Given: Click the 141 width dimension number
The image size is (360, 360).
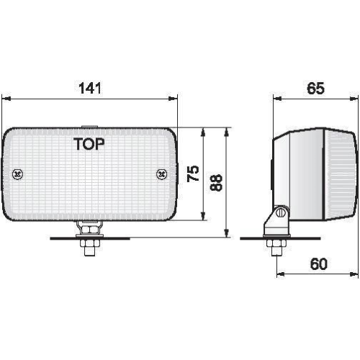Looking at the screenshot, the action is pos(90,88).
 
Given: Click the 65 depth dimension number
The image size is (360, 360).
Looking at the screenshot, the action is pos(315,88).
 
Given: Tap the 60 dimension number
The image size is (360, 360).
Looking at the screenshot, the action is pos(319,264).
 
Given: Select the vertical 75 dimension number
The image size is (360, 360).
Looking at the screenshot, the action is pos(193,174).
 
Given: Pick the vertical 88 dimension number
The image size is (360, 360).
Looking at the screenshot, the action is pos(216,183).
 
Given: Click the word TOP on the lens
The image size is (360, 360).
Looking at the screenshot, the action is pos(89,144).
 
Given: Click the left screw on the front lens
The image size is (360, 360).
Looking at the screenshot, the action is pos(17,174).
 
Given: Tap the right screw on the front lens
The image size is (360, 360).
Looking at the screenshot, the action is pos(162,174).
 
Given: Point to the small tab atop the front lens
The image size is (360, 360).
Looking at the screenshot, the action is pos(89,127).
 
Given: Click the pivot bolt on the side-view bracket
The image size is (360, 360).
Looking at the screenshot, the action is pos(280,212).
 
